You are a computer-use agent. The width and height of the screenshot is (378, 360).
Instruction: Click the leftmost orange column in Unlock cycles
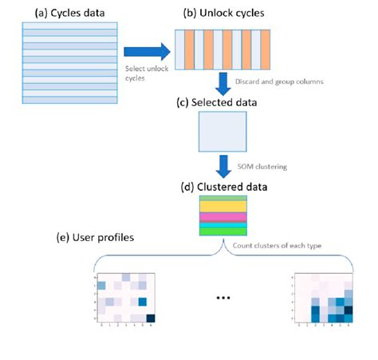pos(190,53)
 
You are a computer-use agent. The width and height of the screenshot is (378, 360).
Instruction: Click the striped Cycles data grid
pos(60,62)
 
